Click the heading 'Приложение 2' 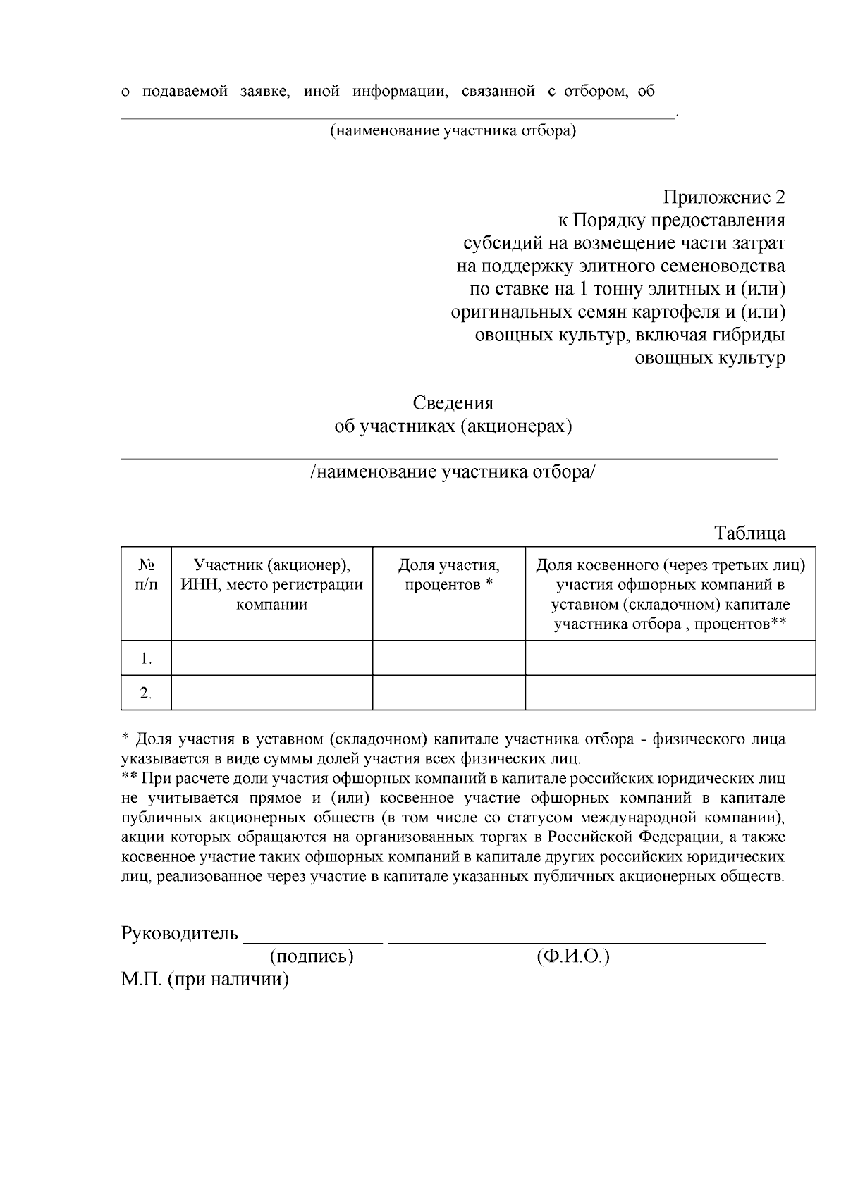click(723, 197)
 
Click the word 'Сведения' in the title click(453, 403)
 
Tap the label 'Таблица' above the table click(749, 533)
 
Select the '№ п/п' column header click(146, 575)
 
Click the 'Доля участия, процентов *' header click(448, 575)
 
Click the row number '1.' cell click(146, 659)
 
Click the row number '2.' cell click(146, 693)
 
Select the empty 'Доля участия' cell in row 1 click(448, 658)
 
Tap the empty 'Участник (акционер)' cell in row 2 click(271, 693)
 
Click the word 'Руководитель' click(180, 934)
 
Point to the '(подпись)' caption click(311, 956)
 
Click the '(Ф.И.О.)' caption click(572, 956)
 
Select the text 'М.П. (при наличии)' click(205, 980)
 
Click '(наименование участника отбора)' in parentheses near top click(453, 131)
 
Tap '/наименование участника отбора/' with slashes click(453, 472)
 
